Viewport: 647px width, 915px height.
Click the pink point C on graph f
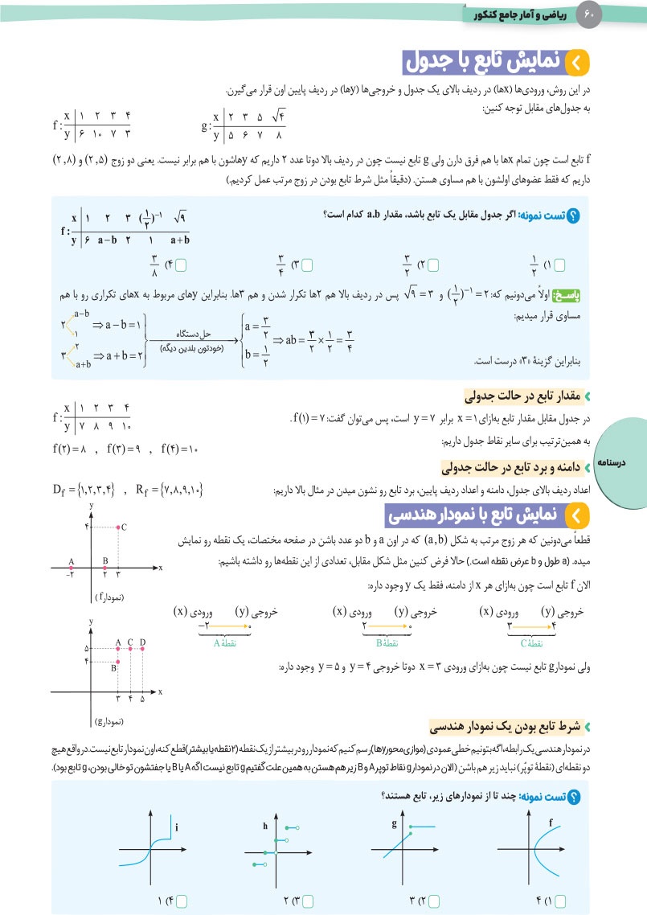pyautogui.click(x=119, y=527)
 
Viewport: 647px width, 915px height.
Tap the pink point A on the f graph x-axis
pyautogui.click(x=71, y=568)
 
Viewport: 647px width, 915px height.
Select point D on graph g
pyautogui.click(x=142, y=648)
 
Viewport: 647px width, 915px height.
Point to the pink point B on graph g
pyautogui.click(x=118, y=660)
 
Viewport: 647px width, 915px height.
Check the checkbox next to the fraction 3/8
pyautogui.click(x=181, y=263)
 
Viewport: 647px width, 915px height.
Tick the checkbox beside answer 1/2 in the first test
pyautogui.click(x=560, y=263)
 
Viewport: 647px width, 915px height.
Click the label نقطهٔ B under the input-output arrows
pyautogui.click(x=387, y=642)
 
